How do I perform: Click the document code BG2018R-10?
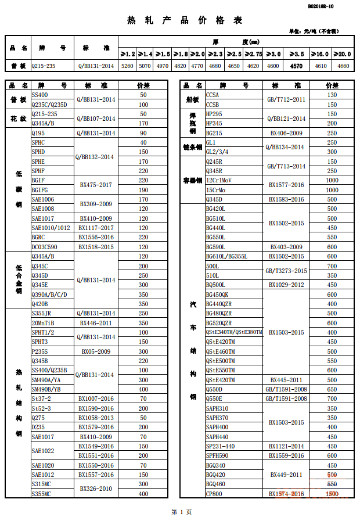(x=321, y=6)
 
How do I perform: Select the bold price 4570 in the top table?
(x=296, y=66)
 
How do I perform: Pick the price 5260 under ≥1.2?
(x=127, y=66)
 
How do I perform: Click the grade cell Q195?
(x=38, y=133)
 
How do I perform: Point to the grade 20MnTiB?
(x=44, y=323)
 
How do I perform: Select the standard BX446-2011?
(x=96, y=323)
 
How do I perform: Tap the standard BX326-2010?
(x=96, y=489)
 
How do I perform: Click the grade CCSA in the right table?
(x=213, y=95)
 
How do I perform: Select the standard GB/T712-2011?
(x=286, y=99)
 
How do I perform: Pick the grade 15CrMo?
(x=215, y=190)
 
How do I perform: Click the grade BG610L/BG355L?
(x=227, y=256)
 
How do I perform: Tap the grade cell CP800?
(x=214, y=494)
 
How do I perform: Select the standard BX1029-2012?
(x=286, y=285)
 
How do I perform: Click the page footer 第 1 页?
(x=181, y=511)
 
